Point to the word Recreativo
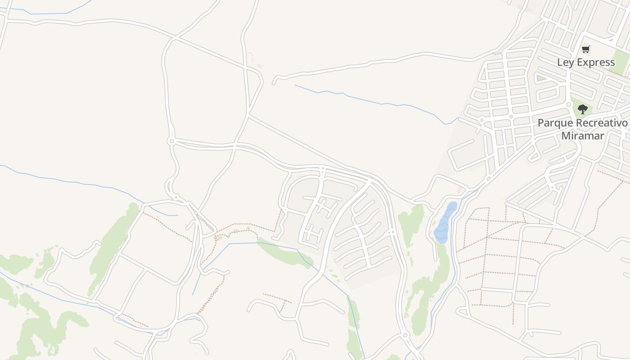click(601, 123)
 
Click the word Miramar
click(582, 135)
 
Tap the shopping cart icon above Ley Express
click(585, 49)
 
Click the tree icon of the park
click(583, 109)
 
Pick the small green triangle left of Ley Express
click(541, 78)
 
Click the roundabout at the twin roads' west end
click(171, 141)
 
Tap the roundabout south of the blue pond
click(405, 335)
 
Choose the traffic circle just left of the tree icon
click(569, 104)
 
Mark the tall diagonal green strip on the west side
click(112, 247)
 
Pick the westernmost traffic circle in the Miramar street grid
click(481, 120)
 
